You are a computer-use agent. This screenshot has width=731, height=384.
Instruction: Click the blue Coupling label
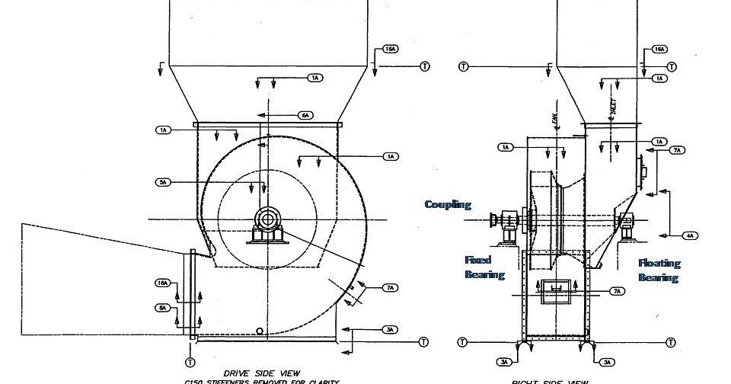coord(448,204)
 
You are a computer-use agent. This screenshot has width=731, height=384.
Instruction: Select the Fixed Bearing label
coord(484,267)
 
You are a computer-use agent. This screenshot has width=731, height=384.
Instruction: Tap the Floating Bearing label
coord(659,270)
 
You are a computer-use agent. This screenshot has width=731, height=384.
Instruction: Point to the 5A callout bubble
coord(164,182)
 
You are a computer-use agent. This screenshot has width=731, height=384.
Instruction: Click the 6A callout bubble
coord(305,115)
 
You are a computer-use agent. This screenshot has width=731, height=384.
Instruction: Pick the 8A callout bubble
coord(162,308)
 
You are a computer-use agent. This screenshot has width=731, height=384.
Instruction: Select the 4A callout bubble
coord(690,235)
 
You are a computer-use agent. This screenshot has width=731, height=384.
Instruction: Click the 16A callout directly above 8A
coord(162,283)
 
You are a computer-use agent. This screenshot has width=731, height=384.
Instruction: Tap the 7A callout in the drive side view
coord(390,288)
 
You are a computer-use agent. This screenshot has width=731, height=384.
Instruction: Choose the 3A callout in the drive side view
coord(390,330)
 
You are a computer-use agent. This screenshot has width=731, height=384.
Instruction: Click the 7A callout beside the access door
coord(618,291)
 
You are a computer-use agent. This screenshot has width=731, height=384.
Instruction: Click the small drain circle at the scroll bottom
coord(260,331)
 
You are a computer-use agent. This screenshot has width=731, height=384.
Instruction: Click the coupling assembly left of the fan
coord(506,221)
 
